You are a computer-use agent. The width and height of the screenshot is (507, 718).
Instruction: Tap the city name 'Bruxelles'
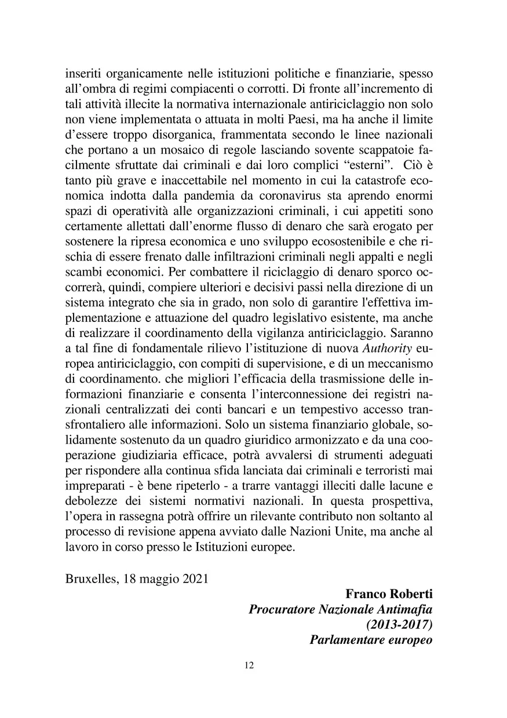[x=91, y=578]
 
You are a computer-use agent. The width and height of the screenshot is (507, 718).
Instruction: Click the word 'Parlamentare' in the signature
[x=345, y=640]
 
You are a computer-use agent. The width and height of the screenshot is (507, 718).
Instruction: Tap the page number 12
[x=250, y=665]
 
